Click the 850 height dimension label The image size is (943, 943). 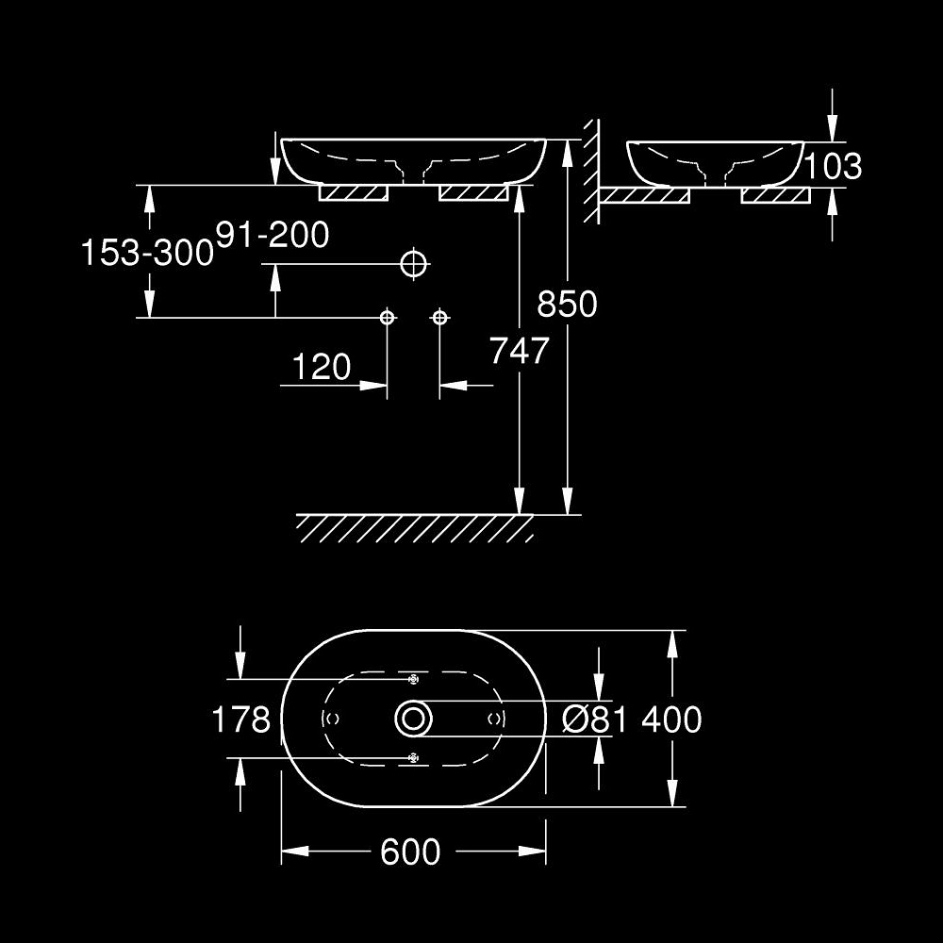(x=567, y=304)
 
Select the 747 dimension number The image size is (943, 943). (x=519, y=351)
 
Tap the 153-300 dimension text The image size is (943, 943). (x=146, y=253)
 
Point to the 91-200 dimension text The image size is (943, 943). (x=273, y=234)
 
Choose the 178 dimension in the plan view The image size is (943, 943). (x=241, y=720)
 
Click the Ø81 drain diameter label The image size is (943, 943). (x=594, y=720)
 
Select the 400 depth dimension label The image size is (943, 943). (x=671, y=720)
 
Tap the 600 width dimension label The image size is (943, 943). (x=410, y=852)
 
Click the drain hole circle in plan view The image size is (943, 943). (x=413, y=719)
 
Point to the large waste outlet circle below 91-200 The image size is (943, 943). (x=413, y=264)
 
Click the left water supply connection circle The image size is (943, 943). (x=387, y=318)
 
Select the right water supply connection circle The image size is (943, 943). (x=439, y=318)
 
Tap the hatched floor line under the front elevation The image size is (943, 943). (x=415, y=528)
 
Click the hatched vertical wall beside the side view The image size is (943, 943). (x=590, y=170)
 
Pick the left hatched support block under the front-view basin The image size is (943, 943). (x=355, y=192)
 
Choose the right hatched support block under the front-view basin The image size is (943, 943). (x=473, y=192)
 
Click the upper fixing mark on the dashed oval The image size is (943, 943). (x=412, y=679)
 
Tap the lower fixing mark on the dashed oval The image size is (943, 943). (x=412, y=757)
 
